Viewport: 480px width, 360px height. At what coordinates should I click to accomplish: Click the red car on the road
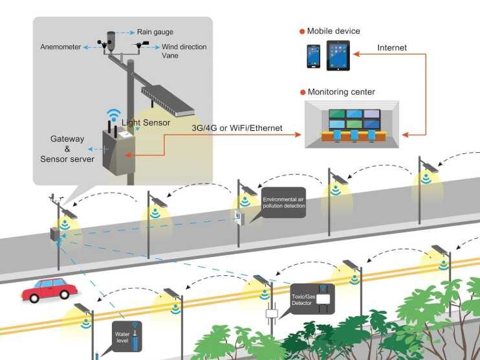49,289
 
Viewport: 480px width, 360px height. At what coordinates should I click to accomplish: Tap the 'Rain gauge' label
155,32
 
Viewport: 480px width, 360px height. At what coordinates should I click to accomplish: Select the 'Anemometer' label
60,47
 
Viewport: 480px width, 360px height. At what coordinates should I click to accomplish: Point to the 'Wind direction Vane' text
184,51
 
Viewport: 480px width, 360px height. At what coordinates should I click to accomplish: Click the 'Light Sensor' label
146,122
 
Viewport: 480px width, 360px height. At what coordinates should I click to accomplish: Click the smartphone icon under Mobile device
314,56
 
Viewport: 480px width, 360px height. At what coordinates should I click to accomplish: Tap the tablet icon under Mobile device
338,55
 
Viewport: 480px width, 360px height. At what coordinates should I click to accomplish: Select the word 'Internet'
393,47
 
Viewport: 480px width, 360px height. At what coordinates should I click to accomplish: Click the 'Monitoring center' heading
341,92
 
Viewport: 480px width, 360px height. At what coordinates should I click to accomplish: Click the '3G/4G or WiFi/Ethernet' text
237,128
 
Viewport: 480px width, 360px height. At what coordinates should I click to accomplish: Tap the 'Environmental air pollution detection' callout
283,201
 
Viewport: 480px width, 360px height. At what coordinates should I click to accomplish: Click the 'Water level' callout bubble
122,337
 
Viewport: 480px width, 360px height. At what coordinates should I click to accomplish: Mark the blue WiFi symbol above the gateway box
114,116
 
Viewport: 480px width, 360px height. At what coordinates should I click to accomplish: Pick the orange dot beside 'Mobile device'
302,31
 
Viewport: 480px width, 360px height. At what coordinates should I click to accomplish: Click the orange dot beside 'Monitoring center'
302,92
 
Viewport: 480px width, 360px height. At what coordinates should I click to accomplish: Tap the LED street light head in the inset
167,99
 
